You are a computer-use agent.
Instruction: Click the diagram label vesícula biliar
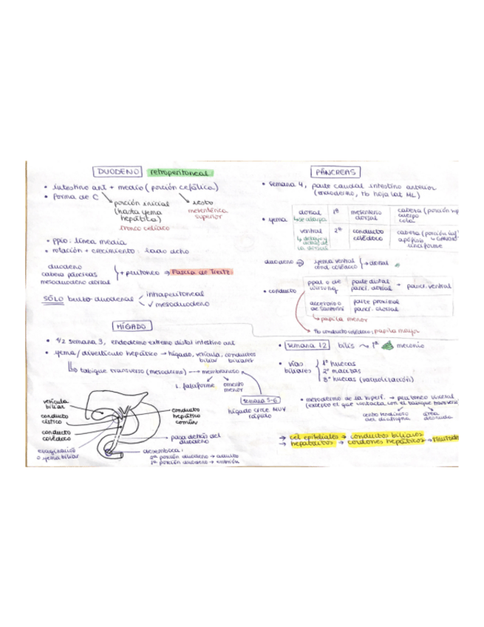[61, 404]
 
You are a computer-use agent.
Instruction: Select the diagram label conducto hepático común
[192, 418]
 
